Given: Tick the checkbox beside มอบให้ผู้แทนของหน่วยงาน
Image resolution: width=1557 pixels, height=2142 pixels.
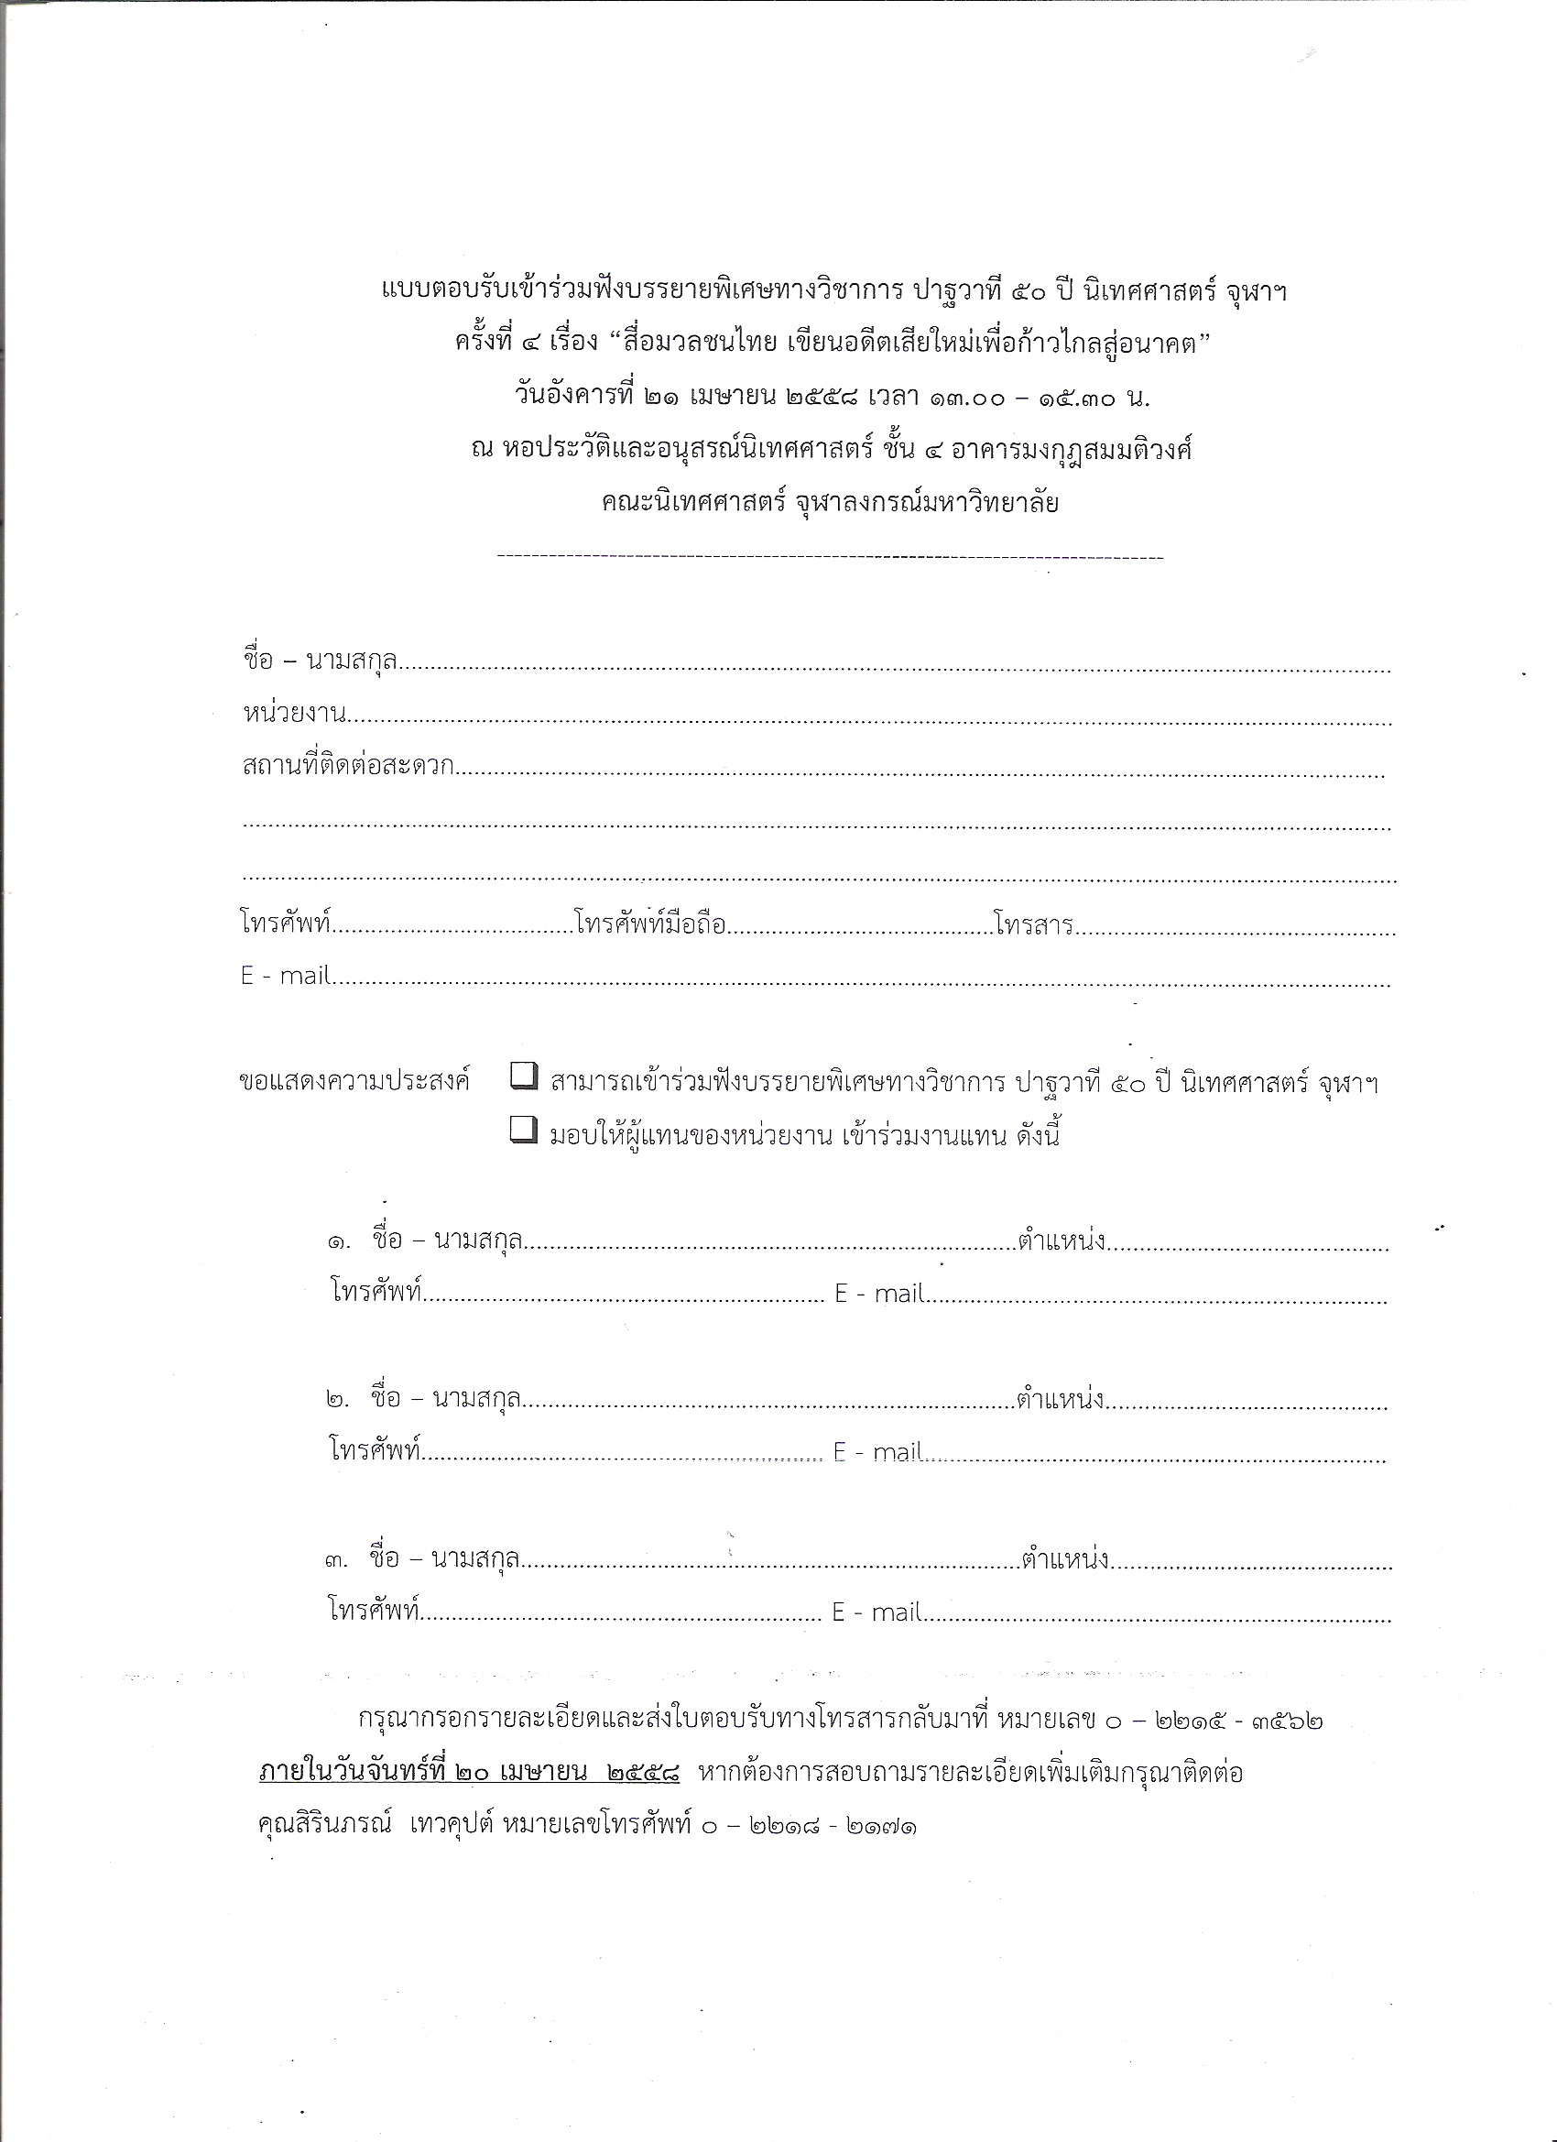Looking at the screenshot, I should click(x=523, y=1130).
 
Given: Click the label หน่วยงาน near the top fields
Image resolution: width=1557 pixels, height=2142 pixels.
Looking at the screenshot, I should click(x=295, y=713).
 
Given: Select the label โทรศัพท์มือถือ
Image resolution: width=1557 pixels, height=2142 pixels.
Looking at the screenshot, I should click(x=649, y=923).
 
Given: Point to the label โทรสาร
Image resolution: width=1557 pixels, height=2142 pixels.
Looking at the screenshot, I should click(x=1033, y=923).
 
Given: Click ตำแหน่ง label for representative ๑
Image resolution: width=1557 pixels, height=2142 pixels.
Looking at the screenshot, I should click(x=1062, y=1240).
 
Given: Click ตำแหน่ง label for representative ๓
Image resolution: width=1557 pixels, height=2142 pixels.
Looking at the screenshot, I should click(x=1064, y=1559).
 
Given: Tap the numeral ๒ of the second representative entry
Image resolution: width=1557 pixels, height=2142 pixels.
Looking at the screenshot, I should click(x=337, y=1400).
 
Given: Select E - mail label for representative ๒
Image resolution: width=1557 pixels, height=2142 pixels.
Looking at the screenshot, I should click(x=877, y=1451).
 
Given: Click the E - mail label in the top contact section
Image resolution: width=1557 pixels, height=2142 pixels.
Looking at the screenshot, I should click(x=284, y=976).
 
